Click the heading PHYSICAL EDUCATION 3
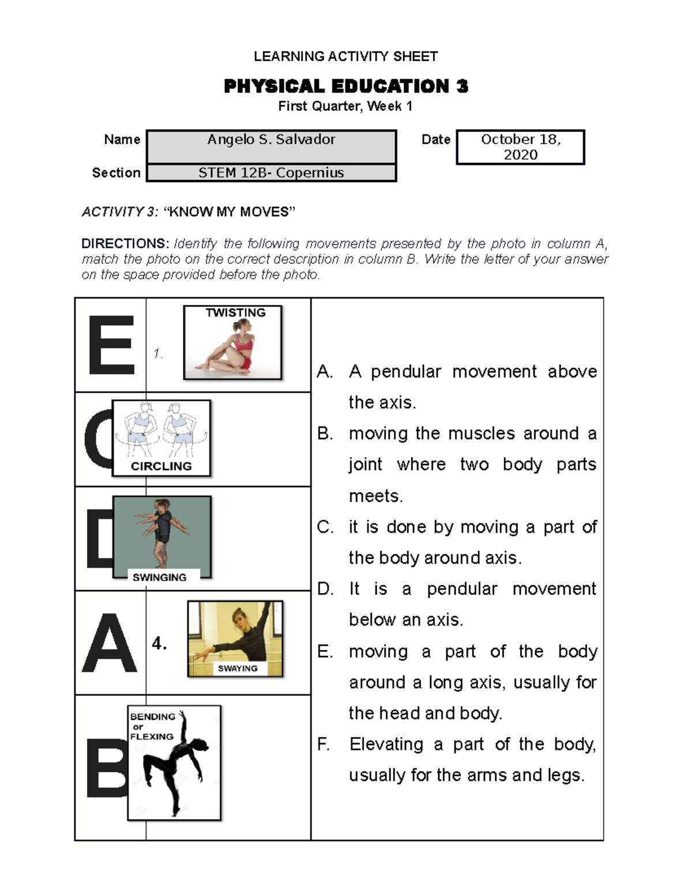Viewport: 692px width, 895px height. tap(345, 86)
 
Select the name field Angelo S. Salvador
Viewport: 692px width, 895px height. tap(271, 140)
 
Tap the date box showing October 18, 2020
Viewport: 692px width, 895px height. tap(520, 147)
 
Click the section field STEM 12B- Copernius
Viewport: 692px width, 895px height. tap(271, 173)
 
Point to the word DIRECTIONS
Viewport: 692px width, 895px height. tap(125, 244)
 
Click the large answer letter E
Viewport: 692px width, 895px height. tap(111, 345)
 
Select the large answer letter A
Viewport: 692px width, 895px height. tap(110, 643)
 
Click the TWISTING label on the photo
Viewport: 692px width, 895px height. tap(235, 313)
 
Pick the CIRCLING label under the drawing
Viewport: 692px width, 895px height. tap(161, 466)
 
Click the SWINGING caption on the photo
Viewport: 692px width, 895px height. tap(159, 577)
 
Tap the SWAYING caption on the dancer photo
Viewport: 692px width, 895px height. tap(238, 669)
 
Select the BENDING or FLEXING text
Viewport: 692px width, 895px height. tap(152, 726)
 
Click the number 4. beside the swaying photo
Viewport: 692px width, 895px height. tap(159, 643)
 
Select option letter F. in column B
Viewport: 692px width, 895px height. tap(324, 745)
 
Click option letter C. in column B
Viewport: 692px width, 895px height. tap(325, 527)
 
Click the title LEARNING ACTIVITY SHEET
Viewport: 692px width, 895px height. tap(345, 56)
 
